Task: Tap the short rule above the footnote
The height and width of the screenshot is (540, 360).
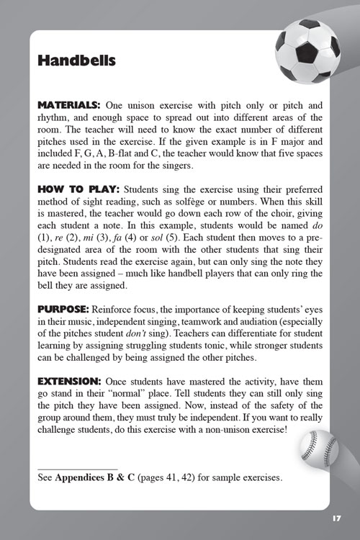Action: click(77, 468)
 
